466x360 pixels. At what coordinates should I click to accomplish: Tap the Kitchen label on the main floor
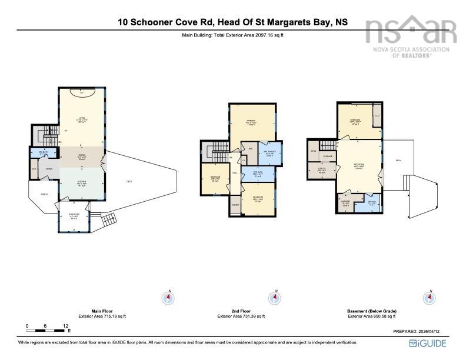click(x=82, y=183)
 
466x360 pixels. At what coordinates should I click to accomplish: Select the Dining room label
click(x=82, y=155)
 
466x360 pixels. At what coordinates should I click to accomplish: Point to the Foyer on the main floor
click(x=49, y=170)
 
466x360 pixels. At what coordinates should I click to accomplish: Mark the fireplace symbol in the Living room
click(x=81, y=92)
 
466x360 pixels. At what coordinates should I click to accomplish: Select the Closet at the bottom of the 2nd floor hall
click(x=235, y=205)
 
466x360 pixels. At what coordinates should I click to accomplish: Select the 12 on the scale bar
click(x=65, y=325)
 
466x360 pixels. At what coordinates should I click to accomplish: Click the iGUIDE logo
click(x=431, y=343)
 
